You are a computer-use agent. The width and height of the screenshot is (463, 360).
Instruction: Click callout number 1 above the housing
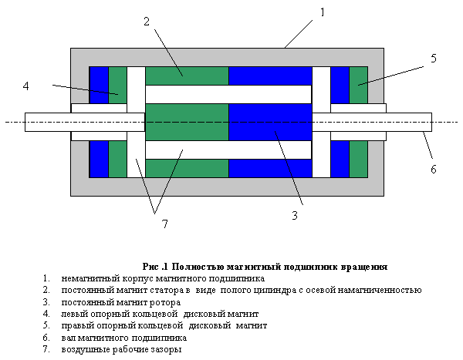pyautogui.click(x=323, y=12)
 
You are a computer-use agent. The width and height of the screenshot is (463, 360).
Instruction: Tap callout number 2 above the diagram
pyautogui.click(x=147, y=22)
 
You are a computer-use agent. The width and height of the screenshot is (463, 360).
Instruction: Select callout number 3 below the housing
pyautogui.click(x=295, y=216)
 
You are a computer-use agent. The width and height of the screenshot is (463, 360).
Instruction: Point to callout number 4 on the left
pyautogui.click(x=26, y=86)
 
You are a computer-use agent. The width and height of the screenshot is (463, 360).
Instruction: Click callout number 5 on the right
pyautogui.click(x=434, y=59)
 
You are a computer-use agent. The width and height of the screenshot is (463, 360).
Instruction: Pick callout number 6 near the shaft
pyautogui.click(x=434, y=169)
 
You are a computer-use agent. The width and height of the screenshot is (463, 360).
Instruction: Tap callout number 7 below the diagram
pyautogui.click(x=165, y=224)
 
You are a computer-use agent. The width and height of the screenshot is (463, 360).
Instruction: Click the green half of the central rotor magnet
pyautogui.click(x=188, y=122)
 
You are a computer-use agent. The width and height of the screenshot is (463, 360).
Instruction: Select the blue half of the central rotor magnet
pyautogui.click(x=271, y=122)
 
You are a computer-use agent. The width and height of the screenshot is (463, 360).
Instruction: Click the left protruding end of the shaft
pyautogui.click(x=48, y=122)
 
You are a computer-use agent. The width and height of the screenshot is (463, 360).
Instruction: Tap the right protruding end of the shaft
pyautogui.click(x=409, y=122)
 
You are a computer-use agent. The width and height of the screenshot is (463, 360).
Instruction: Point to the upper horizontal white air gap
pyautogui.click(x=228, y=94)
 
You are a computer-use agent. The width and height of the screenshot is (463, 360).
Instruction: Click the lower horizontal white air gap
pyautogui.click(x=228, y=150)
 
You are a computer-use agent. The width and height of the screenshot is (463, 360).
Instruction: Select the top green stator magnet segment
pyautogui.click(x=188, y=76)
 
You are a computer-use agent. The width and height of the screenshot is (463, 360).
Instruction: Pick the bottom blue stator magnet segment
pyautogui.click(x=271, y=168)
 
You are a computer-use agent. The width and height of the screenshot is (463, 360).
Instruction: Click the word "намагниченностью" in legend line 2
pyautogui.click(x=380, y=291)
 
